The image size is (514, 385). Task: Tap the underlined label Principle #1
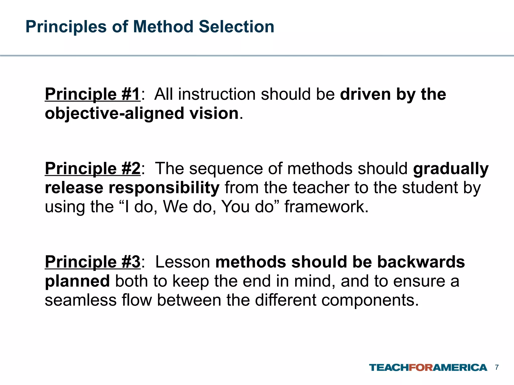(x=93, y=94)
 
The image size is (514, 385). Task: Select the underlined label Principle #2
(x=93, y=168)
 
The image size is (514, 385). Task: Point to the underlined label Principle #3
(x=93, y=262)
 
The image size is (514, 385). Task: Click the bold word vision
(x=214, y=113)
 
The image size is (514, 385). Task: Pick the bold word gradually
(x=451, y=169)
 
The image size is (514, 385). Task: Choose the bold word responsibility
(x=164, y=188)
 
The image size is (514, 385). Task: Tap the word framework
(x=326, y=207)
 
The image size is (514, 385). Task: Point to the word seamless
(x=81, y=300)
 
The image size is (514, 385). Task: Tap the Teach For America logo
(x=428, y=367)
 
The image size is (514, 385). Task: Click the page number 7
(x=497, y=367)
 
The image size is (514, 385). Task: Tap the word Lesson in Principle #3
(x=183, y=262)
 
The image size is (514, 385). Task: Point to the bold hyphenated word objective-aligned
(x=114, y=113)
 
